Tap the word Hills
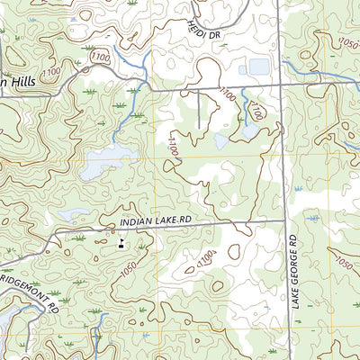[19, 82]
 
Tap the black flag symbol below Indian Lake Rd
[121, 243]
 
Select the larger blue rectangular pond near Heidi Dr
[257, 67]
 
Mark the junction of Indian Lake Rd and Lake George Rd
[286, 219]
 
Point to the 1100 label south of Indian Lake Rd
[207, 259]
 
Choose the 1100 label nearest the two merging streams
[102, 58]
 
